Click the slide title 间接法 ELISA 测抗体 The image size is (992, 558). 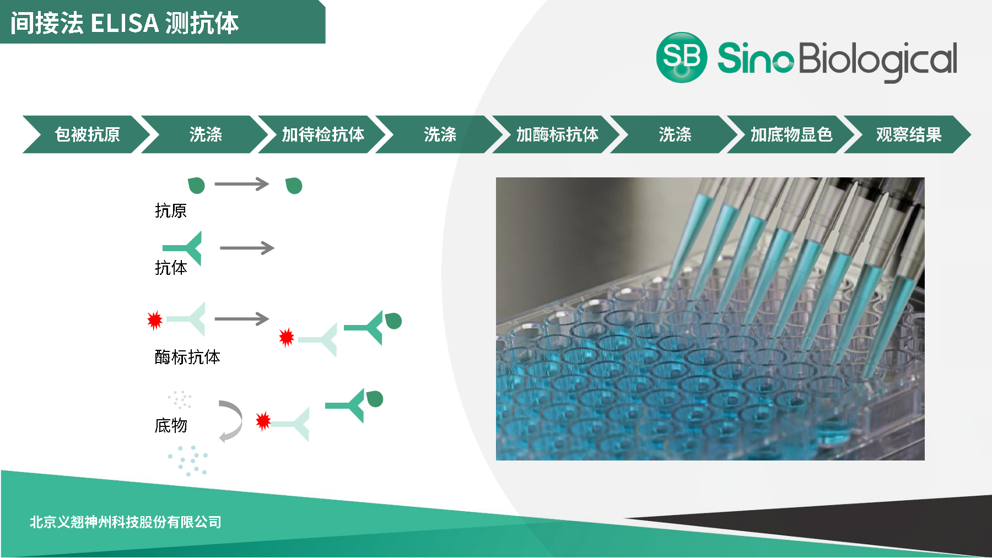coord(125,23)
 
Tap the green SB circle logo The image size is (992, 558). coord(682,57)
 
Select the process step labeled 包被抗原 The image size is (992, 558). coord(87,134)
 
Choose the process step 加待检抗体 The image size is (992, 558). coord(323,134)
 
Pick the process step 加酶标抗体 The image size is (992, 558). coord(557,134)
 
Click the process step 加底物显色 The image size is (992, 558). coord(791,134)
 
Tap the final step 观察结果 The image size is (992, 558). coord(909,134)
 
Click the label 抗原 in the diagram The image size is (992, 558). coord(171,210)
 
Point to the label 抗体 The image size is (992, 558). coord(171,268)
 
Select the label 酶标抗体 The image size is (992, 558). coord(187,357)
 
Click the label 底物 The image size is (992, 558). coord(171,425)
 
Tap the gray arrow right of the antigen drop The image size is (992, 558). coord(242,184)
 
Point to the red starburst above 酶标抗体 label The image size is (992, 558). coord(155,319)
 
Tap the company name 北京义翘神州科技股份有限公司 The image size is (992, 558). coord(126,522)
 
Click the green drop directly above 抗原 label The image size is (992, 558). coord(196,186)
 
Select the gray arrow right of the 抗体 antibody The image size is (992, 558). coord(247,248)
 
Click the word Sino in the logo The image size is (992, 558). coord(756,58)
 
